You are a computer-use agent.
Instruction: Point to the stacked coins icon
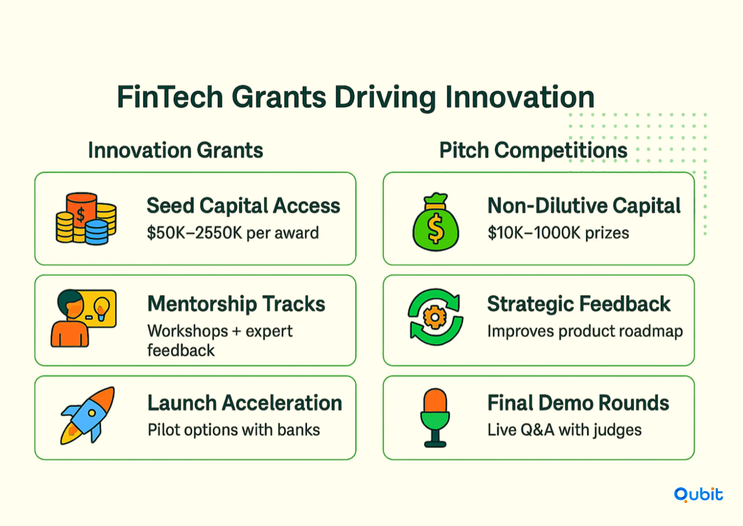point(86,219)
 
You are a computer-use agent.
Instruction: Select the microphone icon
point(435,418)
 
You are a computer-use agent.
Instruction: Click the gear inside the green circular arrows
point(435,317)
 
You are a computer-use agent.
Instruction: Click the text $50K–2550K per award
point(233,233)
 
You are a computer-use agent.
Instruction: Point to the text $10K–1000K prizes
point(558,233)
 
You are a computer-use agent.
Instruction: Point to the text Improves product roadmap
point(585,331)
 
